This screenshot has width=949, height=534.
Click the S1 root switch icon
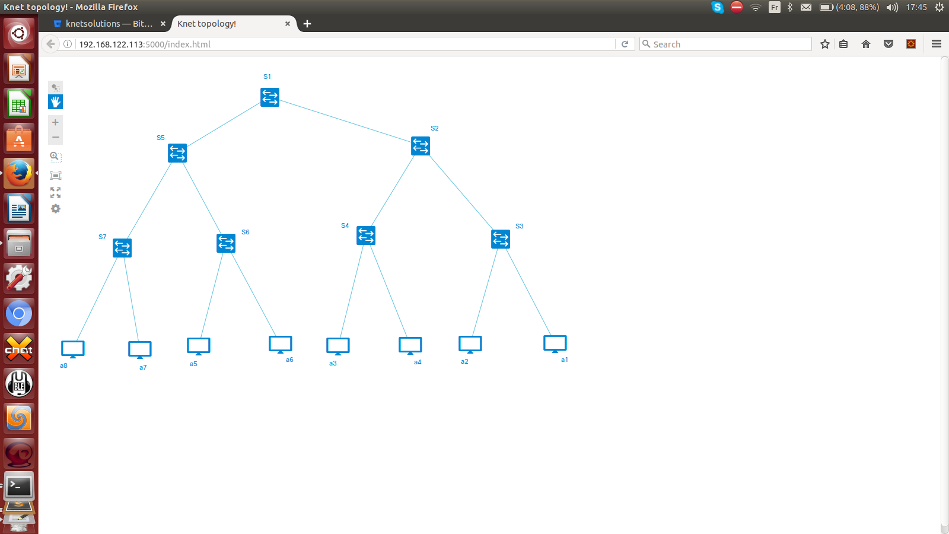point(270,97)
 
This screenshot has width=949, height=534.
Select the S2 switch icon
point(421,146)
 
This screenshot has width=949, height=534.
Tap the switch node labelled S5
point(177,153)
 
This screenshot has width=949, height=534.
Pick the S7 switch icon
point(122,248)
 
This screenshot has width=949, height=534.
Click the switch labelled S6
point(226,243)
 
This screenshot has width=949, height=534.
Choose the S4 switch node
point(366,236)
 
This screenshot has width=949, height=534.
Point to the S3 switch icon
point(501,239)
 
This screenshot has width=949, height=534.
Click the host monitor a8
point(73,349)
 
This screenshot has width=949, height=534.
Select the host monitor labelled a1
point(555,344)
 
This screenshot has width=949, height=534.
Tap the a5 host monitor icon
point(199,347)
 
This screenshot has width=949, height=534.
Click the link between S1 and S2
point(345,121)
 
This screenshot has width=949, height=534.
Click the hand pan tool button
point(56,101)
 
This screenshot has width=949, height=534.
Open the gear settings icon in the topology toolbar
point(56,208)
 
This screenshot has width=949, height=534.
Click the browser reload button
point(625,44)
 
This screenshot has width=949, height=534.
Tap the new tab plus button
point(307,24)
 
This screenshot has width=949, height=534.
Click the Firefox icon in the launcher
point(18,173)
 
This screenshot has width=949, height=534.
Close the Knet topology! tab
point(288,24)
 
